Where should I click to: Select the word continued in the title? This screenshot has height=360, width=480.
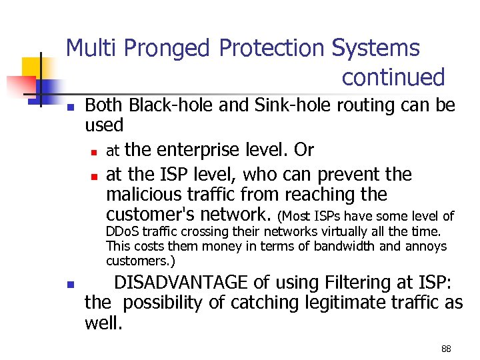click(393, 78)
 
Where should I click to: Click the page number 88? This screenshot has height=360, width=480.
click(446, 349)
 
